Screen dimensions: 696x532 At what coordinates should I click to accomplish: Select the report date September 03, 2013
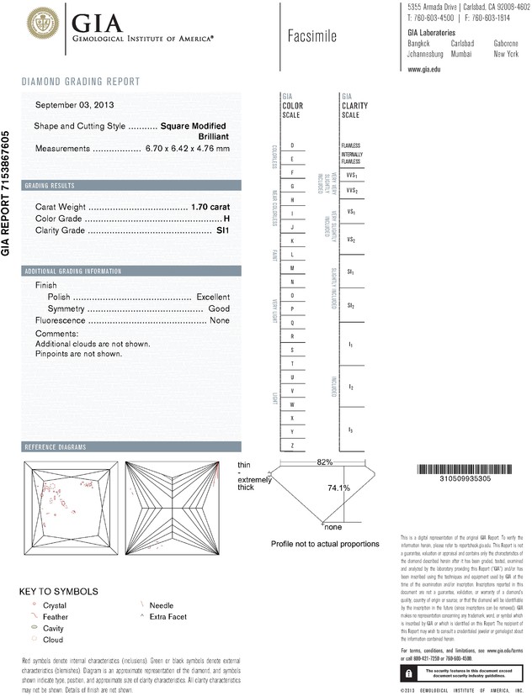(x=77, y=105)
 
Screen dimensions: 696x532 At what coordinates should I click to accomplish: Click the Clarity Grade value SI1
(x=223, y=229)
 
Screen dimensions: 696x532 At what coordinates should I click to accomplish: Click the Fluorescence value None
(x=220, y=321)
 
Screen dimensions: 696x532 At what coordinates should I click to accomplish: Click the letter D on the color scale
(x=292, y=145)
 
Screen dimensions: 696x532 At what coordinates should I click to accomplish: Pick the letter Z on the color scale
(x=292, y=444)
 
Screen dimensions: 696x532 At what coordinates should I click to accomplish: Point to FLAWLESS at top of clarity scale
(x=351, y=145)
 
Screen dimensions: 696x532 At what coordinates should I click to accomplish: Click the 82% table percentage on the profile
(x=325, y=462)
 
